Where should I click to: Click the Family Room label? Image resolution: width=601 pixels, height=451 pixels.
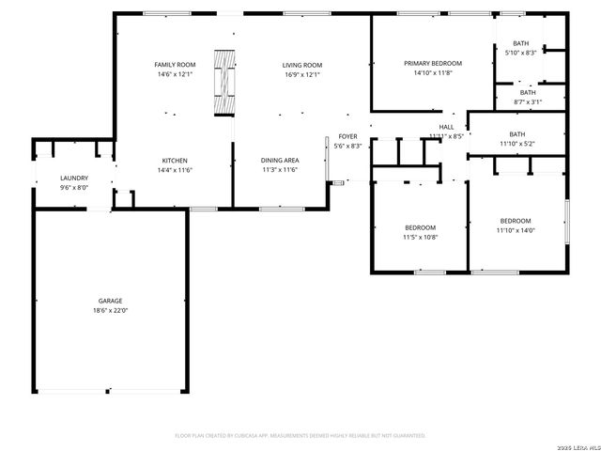[175, 64]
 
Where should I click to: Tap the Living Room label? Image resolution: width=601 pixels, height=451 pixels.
[301, 64]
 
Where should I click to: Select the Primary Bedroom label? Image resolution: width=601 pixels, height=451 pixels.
[433, 63]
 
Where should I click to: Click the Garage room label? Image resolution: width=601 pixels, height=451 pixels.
[110, 301]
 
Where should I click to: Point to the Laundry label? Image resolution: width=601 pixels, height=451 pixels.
[74, 178]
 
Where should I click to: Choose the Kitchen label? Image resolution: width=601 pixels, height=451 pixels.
[175, 160]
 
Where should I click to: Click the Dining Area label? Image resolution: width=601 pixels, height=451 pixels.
[279, 160]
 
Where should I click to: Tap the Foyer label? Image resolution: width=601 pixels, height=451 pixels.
[348, 136]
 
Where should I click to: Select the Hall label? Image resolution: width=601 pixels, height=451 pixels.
[447, 127]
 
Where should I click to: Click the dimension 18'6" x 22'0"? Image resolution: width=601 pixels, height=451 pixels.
[110, 310]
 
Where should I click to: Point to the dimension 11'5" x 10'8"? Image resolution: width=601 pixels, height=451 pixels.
[421, 237]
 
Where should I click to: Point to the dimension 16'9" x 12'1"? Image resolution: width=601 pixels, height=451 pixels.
[301, 74]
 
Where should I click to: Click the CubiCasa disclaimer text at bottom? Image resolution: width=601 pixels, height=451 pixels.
[300, 436]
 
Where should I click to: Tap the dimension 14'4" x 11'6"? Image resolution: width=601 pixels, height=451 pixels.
[175, 170]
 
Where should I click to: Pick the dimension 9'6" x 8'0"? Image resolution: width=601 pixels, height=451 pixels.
[74, 187]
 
